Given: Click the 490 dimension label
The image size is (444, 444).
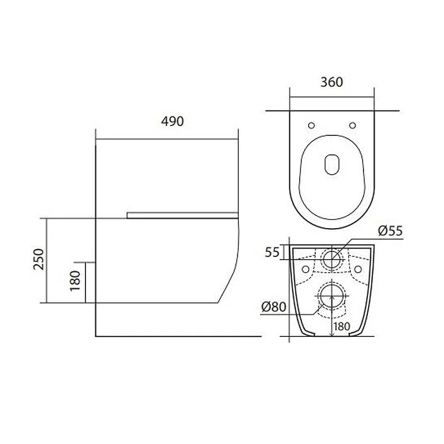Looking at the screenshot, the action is [173, 122].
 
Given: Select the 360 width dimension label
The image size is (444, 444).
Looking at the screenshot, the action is [331, 82].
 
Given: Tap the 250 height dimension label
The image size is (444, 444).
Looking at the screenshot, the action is [39, 259].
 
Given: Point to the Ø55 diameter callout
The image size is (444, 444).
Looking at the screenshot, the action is [390, 231].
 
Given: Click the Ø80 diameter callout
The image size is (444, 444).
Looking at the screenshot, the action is [274, 307].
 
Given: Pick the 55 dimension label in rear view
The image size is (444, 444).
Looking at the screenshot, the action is [272, 252].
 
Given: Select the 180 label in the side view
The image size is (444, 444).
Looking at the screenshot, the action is [75, 281].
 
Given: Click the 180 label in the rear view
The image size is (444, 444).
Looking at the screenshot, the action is [342, 326].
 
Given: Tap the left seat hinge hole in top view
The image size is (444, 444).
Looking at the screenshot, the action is [311, 125].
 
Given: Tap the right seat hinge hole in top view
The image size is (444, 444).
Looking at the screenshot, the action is [352, 125].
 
